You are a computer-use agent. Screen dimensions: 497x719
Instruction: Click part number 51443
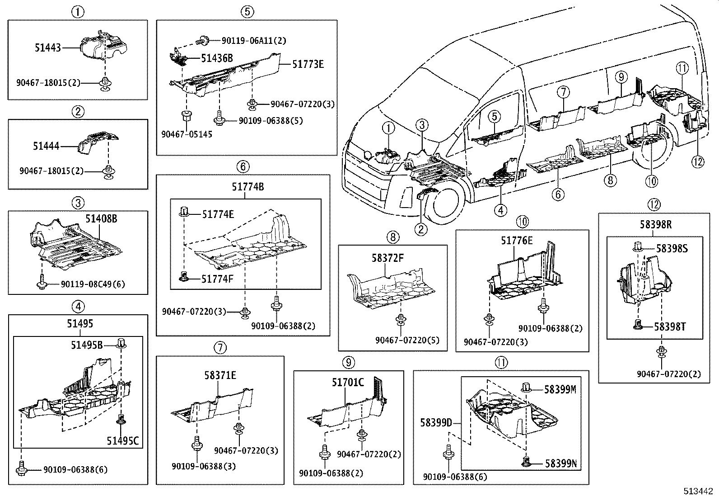[x=48, y=47]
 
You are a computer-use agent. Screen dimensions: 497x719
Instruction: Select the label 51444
[x=46, y=146]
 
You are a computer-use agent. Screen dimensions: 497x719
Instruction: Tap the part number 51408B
[x=101, y=219]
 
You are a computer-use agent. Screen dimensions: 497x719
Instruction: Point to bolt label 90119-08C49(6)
[x=93, y=284]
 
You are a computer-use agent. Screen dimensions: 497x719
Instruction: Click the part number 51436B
[x=217, y=58]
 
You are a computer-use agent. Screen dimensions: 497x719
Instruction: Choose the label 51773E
[x=308, y=64]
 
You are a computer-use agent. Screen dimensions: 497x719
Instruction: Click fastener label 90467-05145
[x=187, y=134]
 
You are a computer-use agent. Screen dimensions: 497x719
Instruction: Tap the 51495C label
[x=123, y=440]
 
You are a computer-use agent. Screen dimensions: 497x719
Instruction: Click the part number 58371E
[x=220, y=375]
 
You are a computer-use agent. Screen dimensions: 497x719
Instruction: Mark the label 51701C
[x=348, y=383]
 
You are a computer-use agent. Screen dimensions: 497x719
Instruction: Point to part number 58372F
[x=388, y=258]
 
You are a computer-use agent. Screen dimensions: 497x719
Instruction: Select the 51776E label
[x=517, y=241]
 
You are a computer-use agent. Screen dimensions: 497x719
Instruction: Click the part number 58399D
[x=436, y=423]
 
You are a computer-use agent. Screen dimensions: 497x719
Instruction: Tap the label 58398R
[x=655, y=224]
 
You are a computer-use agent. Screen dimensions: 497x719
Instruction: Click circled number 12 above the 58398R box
[x=654, y=204]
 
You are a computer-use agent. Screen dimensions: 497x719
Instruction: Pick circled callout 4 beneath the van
[x=500, y=210]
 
